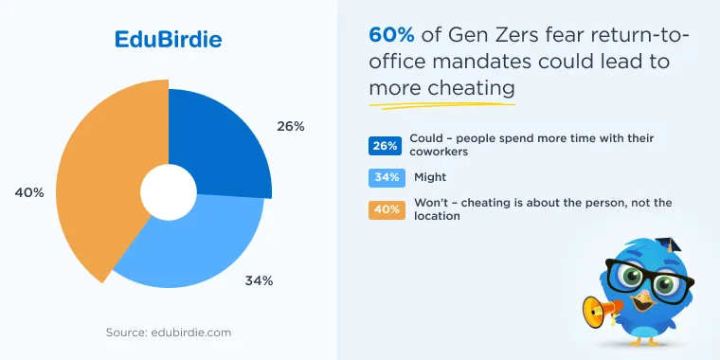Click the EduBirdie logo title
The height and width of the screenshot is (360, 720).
168,40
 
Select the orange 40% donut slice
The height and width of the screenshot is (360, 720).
105,184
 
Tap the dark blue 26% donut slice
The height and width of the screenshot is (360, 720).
216,142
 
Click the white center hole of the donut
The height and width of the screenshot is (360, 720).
169,191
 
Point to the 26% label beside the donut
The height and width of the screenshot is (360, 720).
291,126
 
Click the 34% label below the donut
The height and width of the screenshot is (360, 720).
259,280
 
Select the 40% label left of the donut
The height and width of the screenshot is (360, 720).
29,193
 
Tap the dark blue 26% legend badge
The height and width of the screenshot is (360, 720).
385,146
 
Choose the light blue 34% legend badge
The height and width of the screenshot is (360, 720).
387,178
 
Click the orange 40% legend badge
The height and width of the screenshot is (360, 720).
387,210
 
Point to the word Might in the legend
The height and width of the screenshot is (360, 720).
430,177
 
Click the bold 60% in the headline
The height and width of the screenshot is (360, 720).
391,35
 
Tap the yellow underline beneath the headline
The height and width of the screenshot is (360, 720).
441,105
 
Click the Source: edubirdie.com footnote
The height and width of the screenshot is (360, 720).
169,333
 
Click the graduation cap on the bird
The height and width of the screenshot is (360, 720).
669,244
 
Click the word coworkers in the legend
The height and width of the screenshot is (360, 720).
439,152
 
